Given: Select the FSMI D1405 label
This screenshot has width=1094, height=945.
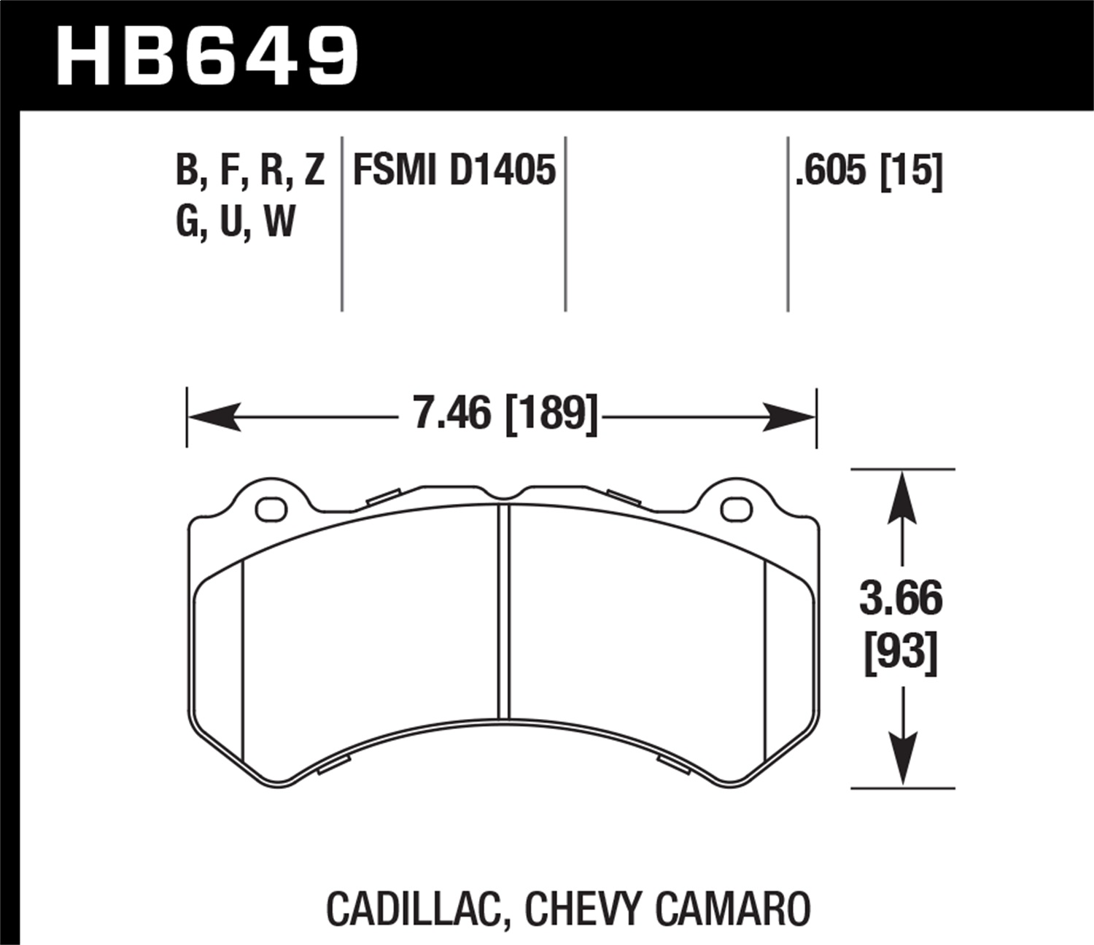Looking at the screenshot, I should pyautogui.click(x=454, y=171).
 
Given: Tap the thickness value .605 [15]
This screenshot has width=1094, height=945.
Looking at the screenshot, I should pyautogui.click(x=869, y=171).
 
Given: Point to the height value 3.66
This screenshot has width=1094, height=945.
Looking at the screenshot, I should pyautogui.click(x=901, y=599).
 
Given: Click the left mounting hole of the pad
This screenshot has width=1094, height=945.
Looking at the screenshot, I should pyautogui.click(x=271, y=508).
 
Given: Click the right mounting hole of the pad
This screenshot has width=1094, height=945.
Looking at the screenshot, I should pyautogui.click(x=735, y=509).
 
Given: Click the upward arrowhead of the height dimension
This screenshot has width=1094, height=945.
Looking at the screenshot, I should pyautogui.click(x=903, y=496).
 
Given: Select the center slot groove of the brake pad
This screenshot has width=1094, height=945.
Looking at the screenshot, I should pyautogui.click(x=503, y=612).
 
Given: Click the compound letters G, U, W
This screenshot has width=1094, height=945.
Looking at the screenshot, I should pyautogui.click(x=235, y=221).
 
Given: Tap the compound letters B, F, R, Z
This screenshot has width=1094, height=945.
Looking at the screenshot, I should pyautogui.click(x=249, y=171).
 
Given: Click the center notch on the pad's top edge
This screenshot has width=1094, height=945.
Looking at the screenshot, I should pyautogui.click(x=503, y=497).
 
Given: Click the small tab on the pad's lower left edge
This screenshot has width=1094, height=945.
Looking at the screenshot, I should pyautogui.click(x=335, y=764).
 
